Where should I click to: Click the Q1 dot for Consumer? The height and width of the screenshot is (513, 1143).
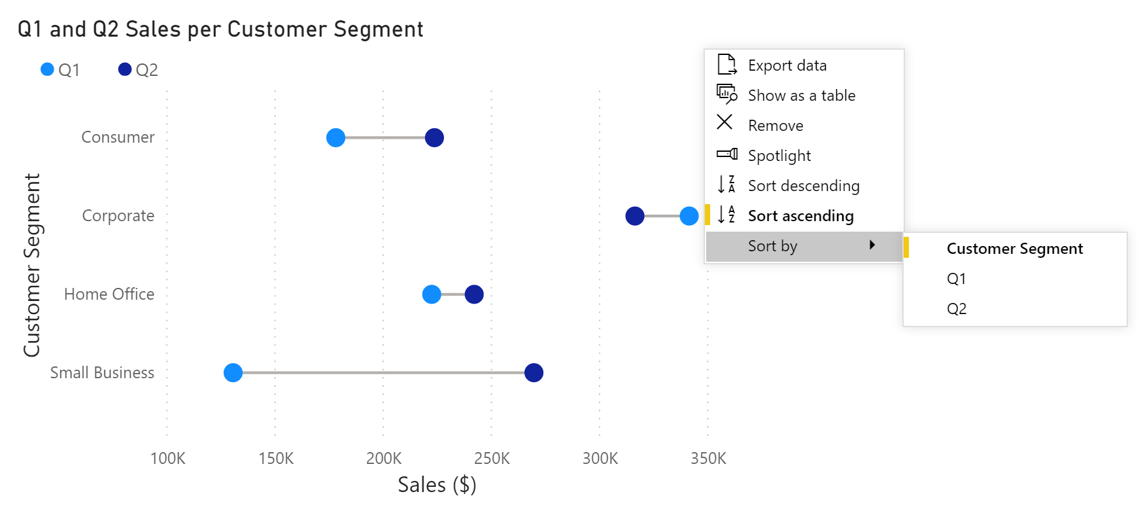[x=335, y=137]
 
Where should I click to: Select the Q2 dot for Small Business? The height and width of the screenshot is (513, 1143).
[x=534, y=372]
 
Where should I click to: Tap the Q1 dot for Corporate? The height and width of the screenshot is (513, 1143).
[x=689, y=215]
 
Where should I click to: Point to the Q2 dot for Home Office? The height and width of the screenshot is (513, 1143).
[x=474, y=294]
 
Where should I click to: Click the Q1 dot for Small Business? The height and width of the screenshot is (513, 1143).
[x=233, y=372]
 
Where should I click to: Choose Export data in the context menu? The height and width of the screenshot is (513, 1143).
[x=787, y=65]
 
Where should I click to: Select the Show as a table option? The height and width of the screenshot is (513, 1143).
[x=801, y=96]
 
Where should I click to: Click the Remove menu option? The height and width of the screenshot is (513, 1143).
[x=776, y=126]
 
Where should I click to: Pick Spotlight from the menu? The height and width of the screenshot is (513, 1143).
[x=779, y=156]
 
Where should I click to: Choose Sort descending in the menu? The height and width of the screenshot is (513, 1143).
[x=803, y=186]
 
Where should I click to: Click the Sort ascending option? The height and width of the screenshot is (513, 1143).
[x=800, y=216]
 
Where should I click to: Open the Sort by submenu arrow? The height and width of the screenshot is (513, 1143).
[x=872, y=245]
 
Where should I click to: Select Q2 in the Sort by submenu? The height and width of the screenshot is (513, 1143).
[x=957, y=309]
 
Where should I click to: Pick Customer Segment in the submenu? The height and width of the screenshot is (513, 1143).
[x=1014, y=249]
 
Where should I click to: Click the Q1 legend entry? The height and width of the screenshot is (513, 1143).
[x=61, y=70]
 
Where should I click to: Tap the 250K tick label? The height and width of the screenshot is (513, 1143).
[x=492, y=458]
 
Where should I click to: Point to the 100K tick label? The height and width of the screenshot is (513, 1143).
[x=168, y=458]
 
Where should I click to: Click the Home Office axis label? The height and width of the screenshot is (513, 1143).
[x=109, y=294]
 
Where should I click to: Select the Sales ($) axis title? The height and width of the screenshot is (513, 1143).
[x=437, y=485]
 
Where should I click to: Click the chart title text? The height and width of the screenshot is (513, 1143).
[x=220, y=29]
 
